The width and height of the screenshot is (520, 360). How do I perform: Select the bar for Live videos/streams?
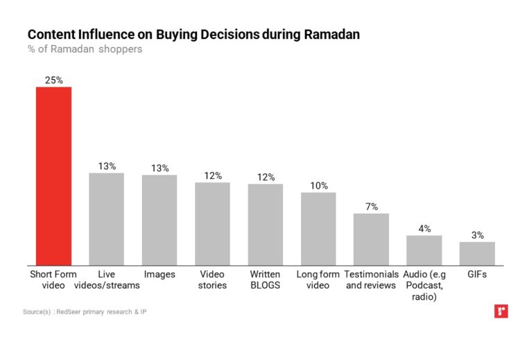click(x=106, y=218)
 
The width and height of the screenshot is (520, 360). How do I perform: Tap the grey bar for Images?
click(x=159, y=219)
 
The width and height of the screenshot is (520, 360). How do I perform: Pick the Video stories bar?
click(x=212, y=223)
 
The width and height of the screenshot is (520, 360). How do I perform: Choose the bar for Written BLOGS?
click(x=266, y=224)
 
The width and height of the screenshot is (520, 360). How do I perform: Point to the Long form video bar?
click(x=318, y=228)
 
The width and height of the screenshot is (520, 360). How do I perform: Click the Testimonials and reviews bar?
click(x=371, y=239)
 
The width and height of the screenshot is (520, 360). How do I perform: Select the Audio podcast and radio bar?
click(x=424, y=250)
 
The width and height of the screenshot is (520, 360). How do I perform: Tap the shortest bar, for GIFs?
click(x=477, y=253)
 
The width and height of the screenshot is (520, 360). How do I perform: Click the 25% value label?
click(x=53, y=80)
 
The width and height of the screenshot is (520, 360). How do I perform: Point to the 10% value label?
click(x=318, y=185)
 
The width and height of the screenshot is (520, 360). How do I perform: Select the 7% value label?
click(x=371, y=206)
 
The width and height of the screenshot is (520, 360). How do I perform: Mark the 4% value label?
click(x=424, y=228)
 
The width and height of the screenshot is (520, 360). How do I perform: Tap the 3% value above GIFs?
click(x=477, y=234)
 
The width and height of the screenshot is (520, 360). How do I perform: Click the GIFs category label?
click(x=477, y=275)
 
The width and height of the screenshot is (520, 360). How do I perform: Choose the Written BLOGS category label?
click(x=266, y=280)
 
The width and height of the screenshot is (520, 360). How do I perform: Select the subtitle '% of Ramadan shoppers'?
click(x=85, y=49)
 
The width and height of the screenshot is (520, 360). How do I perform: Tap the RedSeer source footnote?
click(x=85, y=312)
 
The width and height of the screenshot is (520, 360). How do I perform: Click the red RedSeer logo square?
click(x=501, y=311)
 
